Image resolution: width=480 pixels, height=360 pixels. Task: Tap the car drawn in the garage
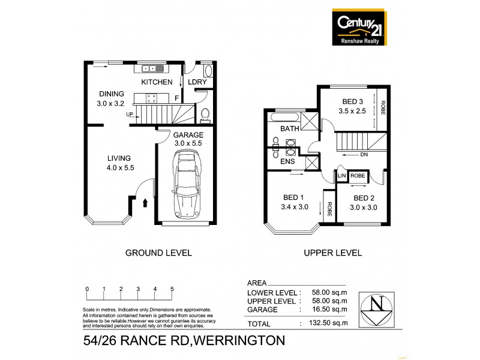pyautogui.click(x=185, y=184)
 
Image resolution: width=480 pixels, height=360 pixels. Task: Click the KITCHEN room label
pyautogui.click(x=157, y=82)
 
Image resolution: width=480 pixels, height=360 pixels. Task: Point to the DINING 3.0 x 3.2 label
pyautogui.click(x=112, y=98)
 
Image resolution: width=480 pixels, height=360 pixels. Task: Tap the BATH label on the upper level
pyautogui.click(x=290, y=129)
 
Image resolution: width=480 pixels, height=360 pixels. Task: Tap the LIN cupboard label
pyautogui.click(x=342, y=175)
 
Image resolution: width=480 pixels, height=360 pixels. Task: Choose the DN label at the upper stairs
pyautogui.click(x=363, y=154)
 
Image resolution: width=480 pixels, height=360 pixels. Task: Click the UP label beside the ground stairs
pyautogui.click(x=130, y=114)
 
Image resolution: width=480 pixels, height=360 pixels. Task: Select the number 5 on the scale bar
pyautogui.click(x=172, y=289)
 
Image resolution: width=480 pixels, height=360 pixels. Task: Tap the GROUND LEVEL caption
pyautogui.click(x=158, y=253)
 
